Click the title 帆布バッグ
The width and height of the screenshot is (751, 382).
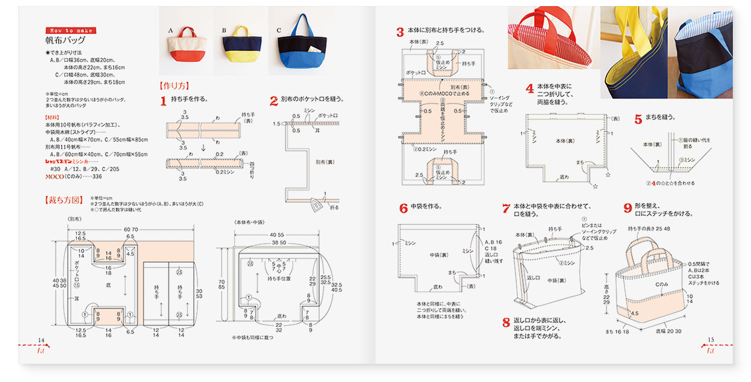coord(64,41)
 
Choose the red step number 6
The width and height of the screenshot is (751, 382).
coord(403,209)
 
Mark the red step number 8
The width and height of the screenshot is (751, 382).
coord(506,323)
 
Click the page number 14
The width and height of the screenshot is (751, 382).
coord(41,340)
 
